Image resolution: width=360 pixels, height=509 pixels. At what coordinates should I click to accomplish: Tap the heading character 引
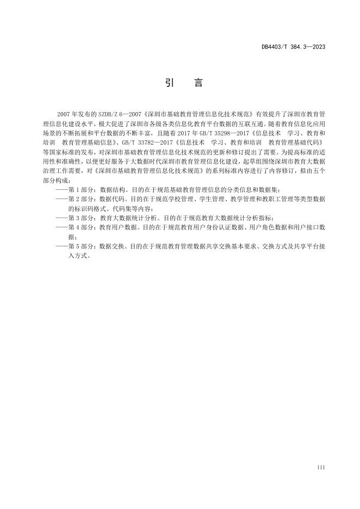click(x=169, y=83)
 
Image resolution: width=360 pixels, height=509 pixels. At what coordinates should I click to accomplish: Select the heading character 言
click(x=198, y=83)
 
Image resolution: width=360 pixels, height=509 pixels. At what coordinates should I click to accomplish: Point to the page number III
click(x=321, y=467)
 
